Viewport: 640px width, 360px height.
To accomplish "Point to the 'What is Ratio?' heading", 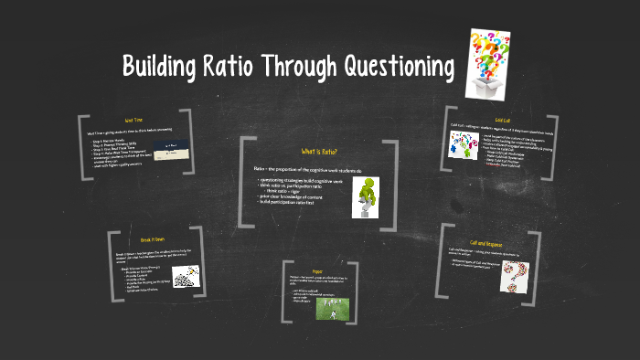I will click(319, 152).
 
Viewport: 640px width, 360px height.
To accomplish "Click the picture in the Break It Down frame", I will click(187, 276).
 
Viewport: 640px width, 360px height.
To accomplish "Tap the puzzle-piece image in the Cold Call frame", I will click(459, 142).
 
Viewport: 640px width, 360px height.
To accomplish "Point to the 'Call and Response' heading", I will click(487, 244).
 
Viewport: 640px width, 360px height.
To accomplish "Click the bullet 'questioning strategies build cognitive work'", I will click(301, 182).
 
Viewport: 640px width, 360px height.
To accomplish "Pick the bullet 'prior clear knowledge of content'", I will click(292, 196).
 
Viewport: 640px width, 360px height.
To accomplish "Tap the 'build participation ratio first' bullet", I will click(293, 202).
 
